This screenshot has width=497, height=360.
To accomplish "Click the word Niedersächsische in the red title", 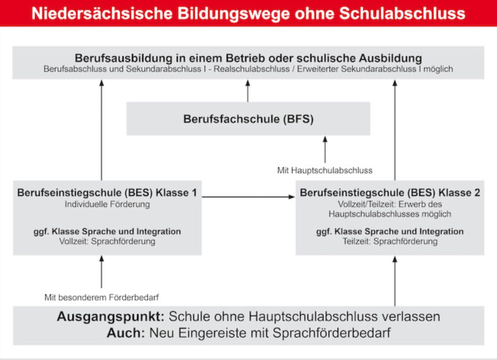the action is click(x=102, y=13).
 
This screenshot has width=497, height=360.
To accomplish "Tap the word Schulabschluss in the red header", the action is click(x=402, y=13).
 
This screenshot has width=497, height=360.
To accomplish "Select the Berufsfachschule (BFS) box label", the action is click(x=248, y=119).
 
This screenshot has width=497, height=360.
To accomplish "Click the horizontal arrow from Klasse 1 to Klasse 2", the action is click(x=248, y=197).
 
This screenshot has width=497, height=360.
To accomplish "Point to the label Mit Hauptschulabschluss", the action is click(x=325, y=170).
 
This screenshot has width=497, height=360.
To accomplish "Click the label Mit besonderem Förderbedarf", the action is click(x=102, y=297).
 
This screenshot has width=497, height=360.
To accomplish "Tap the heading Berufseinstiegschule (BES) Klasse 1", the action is click(x=107, y=193).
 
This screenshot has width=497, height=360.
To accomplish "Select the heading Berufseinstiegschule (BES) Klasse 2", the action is click(x=390, y=193).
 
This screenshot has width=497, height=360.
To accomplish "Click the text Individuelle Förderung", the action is click(x=107, y=204).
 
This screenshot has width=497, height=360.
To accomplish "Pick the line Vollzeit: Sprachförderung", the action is click(x=107, y=241).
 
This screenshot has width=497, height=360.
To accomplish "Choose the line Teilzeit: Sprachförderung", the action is click(x=390, y=241).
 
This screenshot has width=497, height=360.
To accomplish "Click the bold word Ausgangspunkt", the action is click(x=111, y=316).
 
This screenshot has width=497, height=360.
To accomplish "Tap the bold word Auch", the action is click(x=126, y=333).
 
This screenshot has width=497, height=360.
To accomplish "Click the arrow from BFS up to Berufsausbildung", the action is click(x=248, y=91).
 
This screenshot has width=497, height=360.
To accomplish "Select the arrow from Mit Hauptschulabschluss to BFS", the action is click(x=325, y=149).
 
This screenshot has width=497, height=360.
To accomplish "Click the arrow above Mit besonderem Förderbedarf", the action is click(x=102, y=272).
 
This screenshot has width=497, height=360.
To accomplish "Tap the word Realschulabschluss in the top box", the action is click(x=252, y=69).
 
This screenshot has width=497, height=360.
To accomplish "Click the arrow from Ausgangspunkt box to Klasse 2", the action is click(x=395, y=281).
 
